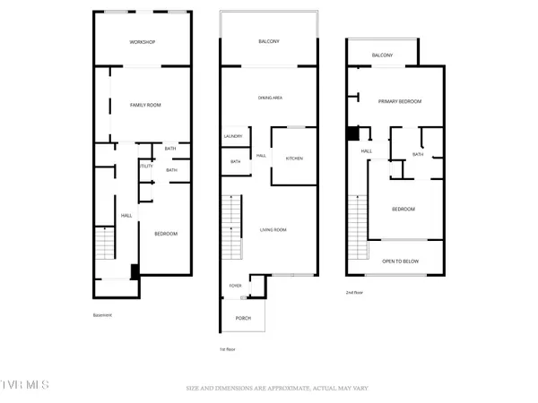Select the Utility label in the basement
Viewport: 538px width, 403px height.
144,166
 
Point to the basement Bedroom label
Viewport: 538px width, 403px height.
166,234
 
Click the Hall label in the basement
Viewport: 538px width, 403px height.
126,216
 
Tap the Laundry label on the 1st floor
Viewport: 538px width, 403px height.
233,136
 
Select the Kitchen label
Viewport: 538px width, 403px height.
294,159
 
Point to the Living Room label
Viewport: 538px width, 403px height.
273,230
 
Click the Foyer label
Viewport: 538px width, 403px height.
234,286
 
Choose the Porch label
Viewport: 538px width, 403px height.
243,319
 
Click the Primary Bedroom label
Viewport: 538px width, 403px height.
399,102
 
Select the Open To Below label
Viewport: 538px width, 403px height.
401,262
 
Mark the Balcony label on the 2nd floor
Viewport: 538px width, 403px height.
383,56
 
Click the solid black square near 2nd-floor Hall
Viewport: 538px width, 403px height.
352,133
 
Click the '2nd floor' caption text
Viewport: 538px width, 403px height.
355,292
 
